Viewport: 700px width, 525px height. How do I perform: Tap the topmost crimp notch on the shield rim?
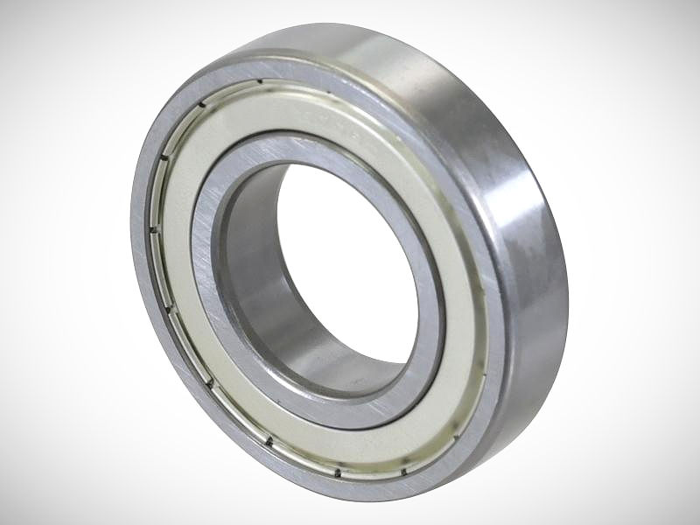pos(260,83)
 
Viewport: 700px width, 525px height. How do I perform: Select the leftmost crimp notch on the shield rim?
pos(153,230)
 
